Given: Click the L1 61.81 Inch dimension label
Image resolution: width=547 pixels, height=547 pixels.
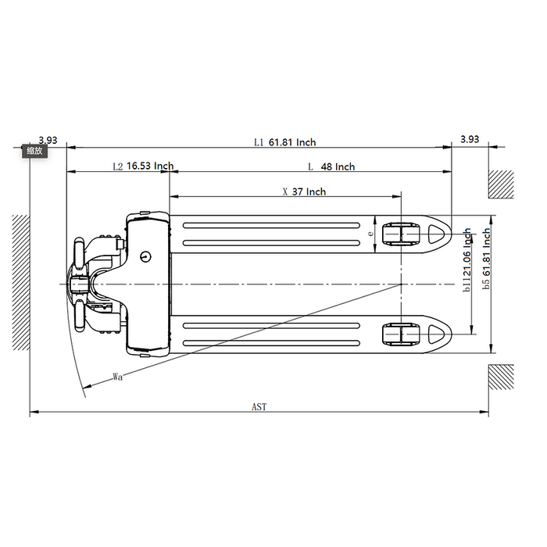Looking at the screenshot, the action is click(x=285, y=142).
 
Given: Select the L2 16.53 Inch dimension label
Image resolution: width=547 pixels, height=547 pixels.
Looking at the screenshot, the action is click(x=143, y=166).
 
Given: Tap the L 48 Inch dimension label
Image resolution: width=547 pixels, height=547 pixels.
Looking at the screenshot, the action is click(x=331, y=166).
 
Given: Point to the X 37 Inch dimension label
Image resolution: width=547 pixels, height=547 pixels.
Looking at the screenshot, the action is click(x=304, y=192).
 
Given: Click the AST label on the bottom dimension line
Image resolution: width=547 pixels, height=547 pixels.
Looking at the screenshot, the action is click(x=259, y=407).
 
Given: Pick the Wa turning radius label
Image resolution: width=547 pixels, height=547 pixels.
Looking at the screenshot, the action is click(x=118, y=377).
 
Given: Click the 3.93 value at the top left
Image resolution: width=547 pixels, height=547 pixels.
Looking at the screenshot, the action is click(x=48, y=140).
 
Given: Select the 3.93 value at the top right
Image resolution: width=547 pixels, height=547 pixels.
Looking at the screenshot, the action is click(x=470, y=139).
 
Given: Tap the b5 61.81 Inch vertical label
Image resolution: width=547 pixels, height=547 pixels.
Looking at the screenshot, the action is click(x=486, y=259).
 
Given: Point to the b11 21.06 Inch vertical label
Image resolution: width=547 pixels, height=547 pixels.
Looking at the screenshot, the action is click(x=467, y=260).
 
